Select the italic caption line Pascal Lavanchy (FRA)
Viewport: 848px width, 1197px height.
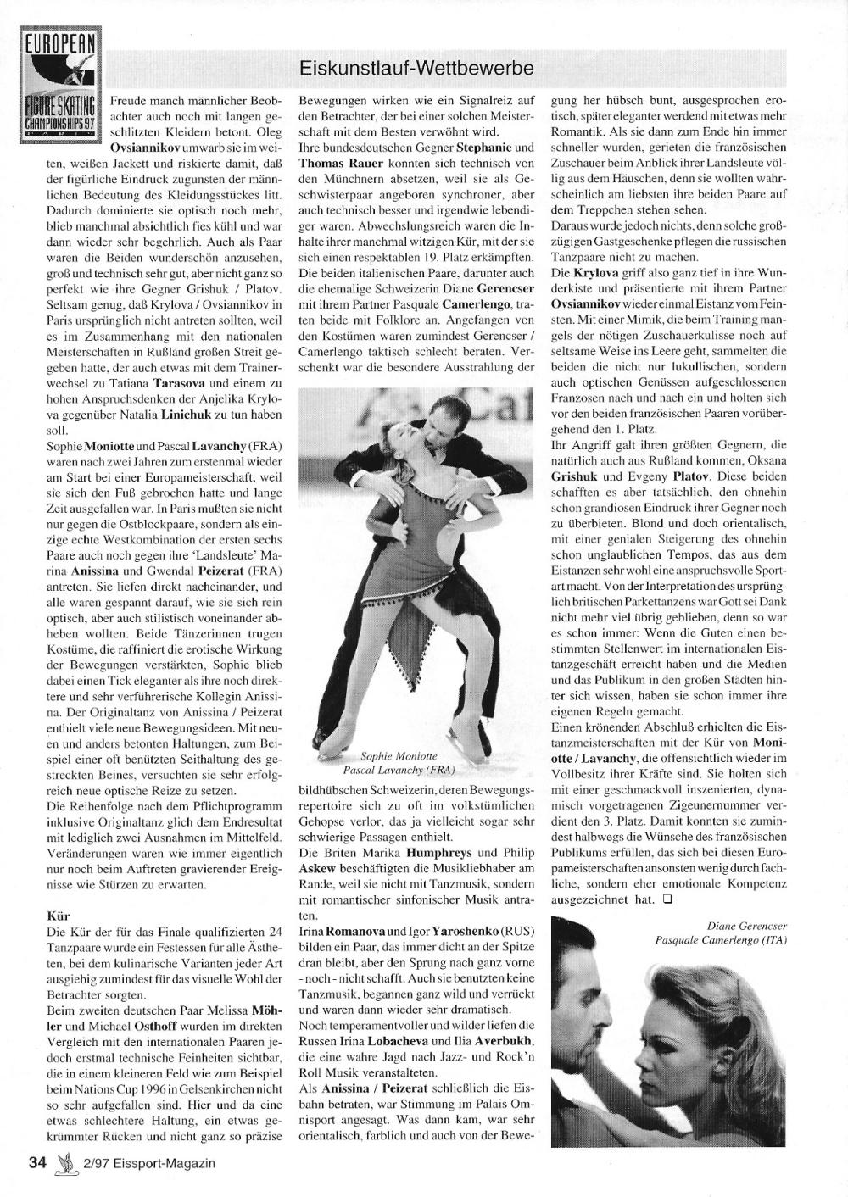click(399, 771)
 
